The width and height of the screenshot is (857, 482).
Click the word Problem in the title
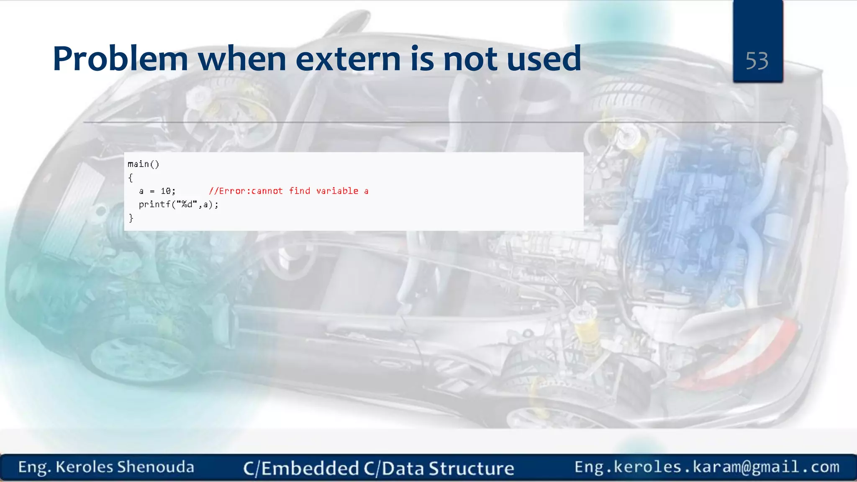tap(120, 59)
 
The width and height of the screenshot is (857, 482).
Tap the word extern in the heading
tap(348, 59)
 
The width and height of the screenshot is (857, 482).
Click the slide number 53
tap(757, 61)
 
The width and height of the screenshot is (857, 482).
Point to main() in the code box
tap(143, 164)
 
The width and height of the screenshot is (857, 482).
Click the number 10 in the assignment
tap(166, 191)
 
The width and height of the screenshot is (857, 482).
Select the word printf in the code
tap(154, 205)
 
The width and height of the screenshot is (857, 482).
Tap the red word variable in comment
tap(337, 191)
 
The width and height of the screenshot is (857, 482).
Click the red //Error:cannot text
tap(246, 191)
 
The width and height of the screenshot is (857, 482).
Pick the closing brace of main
tap(131, 218)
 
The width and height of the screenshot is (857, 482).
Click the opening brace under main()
tap(131, 178)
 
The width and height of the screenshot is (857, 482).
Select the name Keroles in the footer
tap(84, 467)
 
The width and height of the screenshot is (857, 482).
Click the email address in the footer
tap(707, 467)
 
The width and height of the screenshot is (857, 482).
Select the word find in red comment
tap(300, 191)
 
